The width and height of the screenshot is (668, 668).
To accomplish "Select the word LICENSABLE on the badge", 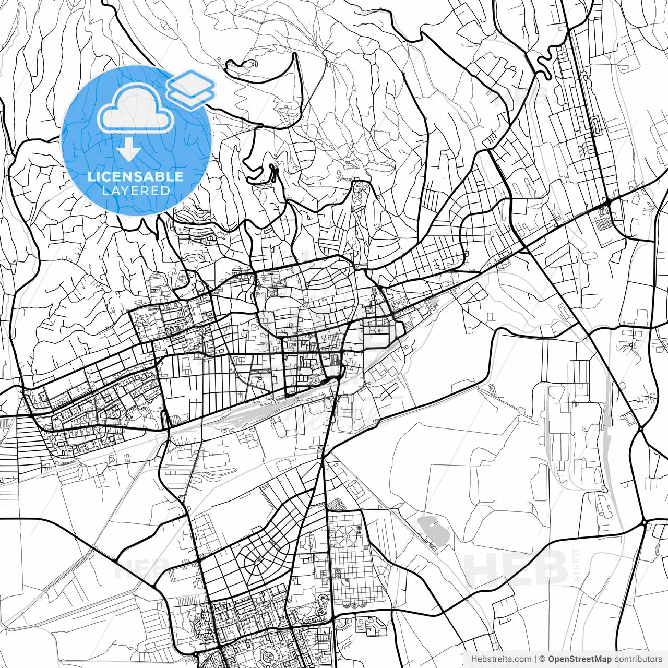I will (136, 176).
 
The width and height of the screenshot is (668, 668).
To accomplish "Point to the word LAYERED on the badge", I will (136, 190).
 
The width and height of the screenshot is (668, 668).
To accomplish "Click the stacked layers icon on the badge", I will (191, 88).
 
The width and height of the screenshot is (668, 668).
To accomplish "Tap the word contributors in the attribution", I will (638, 659).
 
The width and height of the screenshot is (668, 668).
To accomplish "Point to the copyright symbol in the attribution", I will (542, 659).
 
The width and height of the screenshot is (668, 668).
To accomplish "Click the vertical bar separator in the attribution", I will (535, 659).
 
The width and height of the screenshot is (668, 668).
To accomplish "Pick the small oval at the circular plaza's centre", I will (345, 534).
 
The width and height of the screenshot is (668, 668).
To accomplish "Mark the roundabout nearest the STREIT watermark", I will (645, 522).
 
